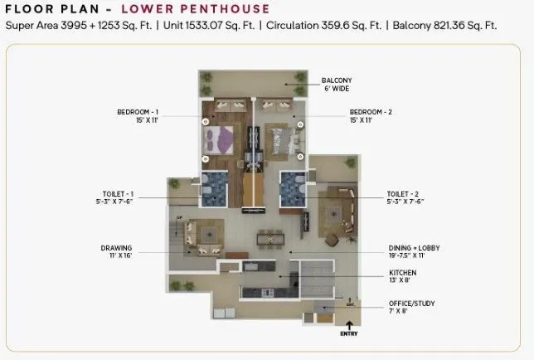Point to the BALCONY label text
tap(337, 80)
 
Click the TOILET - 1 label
tap(114, 194)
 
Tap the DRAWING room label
tap(117, 248)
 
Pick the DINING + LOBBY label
tap(412, 247)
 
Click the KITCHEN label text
tap(403, 272)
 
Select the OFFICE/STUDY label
tap(413, 303)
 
